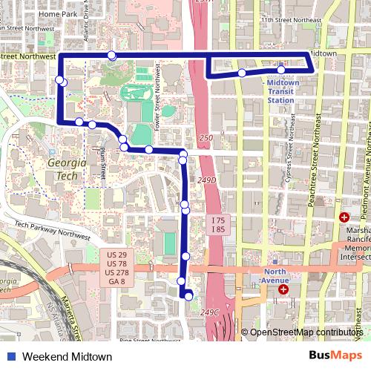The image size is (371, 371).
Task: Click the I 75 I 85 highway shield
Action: click(217, 226)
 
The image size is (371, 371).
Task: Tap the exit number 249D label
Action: click(208, 180)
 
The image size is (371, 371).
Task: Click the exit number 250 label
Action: click(206, 139)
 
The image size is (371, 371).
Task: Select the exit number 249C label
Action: click(209, 313)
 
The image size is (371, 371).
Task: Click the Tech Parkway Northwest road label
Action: click(46, 229)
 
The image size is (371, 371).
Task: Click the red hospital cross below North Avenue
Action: click(283, 289)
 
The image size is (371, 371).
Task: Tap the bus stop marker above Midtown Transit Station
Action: click(281, 70)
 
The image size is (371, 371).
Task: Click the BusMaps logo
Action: click(335, 356)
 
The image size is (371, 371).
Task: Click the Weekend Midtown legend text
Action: click(67, 357)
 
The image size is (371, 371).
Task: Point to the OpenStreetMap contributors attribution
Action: click(305, 332)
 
